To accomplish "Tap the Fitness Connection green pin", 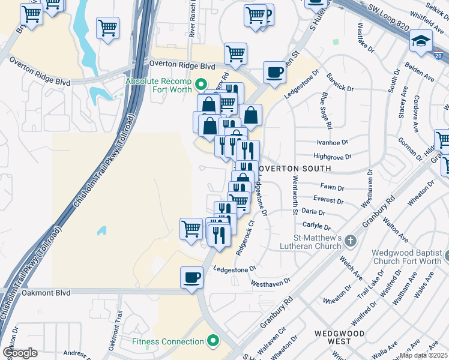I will (212, 341).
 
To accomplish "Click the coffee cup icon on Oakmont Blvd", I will (192, 278).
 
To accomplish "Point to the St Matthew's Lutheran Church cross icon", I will (351, 241).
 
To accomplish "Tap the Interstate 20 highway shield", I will (439, 56).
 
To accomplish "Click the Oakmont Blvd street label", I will (47, 293).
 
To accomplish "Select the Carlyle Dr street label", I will (317, 226).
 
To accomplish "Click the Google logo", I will (20, 353).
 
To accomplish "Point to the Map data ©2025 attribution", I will (423, 355).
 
